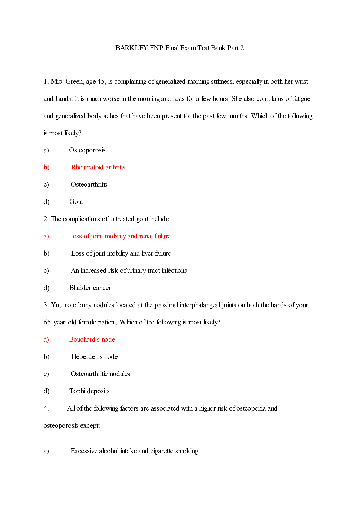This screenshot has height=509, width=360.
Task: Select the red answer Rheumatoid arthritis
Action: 98,167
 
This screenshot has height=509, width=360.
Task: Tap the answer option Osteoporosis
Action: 87,150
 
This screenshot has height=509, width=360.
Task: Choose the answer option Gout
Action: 76,202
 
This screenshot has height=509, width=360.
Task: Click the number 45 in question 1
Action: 101,82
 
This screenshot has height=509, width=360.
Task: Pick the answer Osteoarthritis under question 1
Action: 89,185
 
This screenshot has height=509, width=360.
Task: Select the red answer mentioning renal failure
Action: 120,236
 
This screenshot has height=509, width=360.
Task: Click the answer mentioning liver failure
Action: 121,253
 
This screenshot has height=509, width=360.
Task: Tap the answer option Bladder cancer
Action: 90,288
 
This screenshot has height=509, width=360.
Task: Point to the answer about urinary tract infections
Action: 129,271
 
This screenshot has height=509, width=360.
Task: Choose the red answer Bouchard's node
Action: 92,340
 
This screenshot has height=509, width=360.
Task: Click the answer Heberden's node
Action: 94,357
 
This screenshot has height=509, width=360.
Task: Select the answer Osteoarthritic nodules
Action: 100,374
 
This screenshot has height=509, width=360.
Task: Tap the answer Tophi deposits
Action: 89,391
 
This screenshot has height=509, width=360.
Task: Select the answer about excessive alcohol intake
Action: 135,451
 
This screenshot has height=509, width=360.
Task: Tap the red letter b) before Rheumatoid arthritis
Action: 47,167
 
